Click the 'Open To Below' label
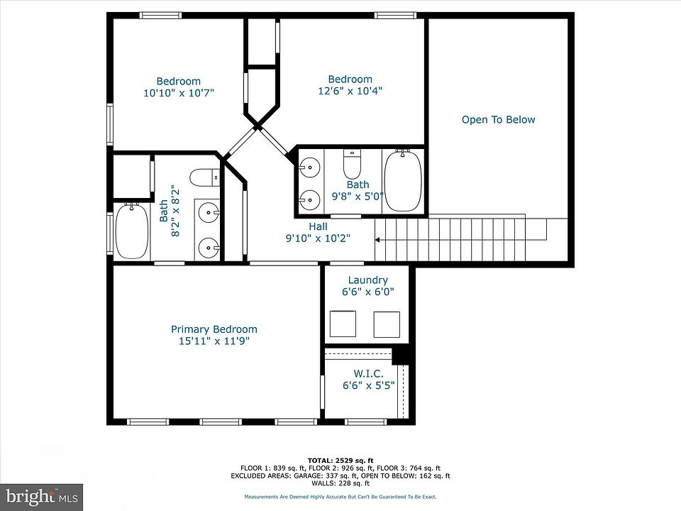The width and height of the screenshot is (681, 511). [x=498, y=119]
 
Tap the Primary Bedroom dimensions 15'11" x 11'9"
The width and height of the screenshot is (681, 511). [x=214, y=341]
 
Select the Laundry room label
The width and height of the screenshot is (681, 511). [x=368, y=280]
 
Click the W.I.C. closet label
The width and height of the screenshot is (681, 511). [x=368, y=374]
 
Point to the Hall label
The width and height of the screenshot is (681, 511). [x=319, y=226]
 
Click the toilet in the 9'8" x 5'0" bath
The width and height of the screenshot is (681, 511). [x=353, y=163]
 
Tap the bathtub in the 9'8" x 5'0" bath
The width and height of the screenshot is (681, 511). [x=403, y=180]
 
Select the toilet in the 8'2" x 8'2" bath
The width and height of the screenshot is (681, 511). [x=204, y=177]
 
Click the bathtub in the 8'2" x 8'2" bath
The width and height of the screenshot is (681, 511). [x=132, y=231]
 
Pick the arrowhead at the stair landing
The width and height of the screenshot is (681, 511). [x=377, y=240]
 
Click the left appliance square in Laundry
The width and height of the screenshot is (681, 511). [x=343, y=324]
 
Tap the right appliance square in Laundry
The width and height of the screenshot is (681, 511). [x=387, y=324]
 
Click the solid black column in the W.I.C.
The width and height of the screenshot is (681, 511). [x=400, y=356]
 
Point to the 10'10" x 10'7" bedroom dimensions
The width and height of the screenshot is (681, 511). [x=179, y=92]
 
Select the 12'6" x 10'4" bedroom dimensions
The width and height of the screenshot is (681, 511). [x=350, y=91]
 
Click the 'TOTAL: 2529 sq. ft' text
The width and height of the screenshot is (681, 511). [x=340, y=461]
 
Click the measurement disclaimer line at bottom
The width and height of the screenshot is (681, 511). [x=340, y=497]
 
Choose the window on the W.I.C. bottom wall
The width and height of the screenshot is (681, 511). [x=366, y=422]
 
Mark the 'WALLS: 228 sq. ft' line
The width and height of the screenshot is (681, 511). [x=340, y=483]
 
